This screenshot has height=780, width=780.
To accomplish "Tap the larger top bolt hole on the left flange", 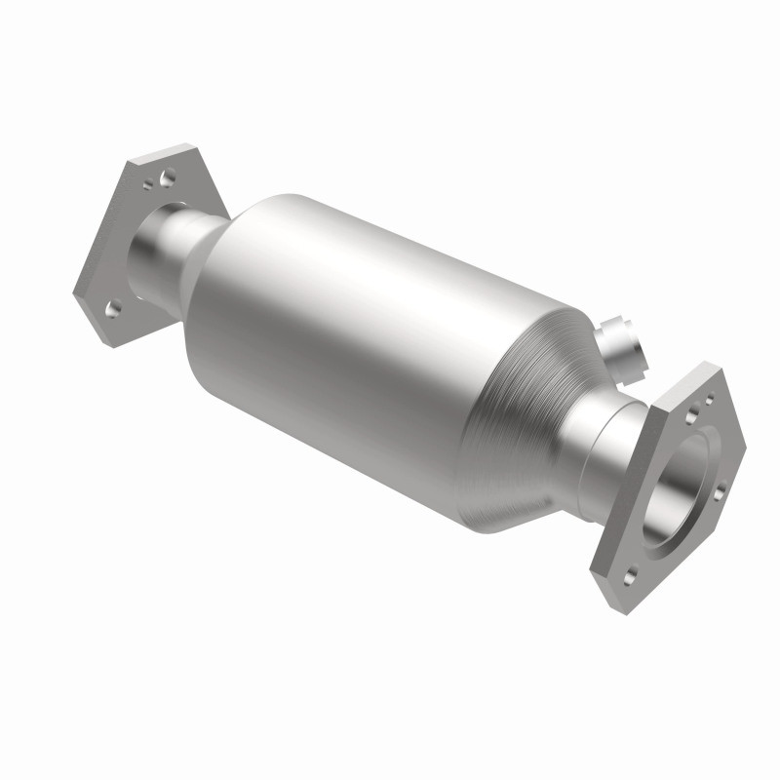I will tap(168, 177).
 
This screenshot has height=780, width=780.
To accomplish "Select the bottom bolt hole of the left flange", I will tap(113, 308).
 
